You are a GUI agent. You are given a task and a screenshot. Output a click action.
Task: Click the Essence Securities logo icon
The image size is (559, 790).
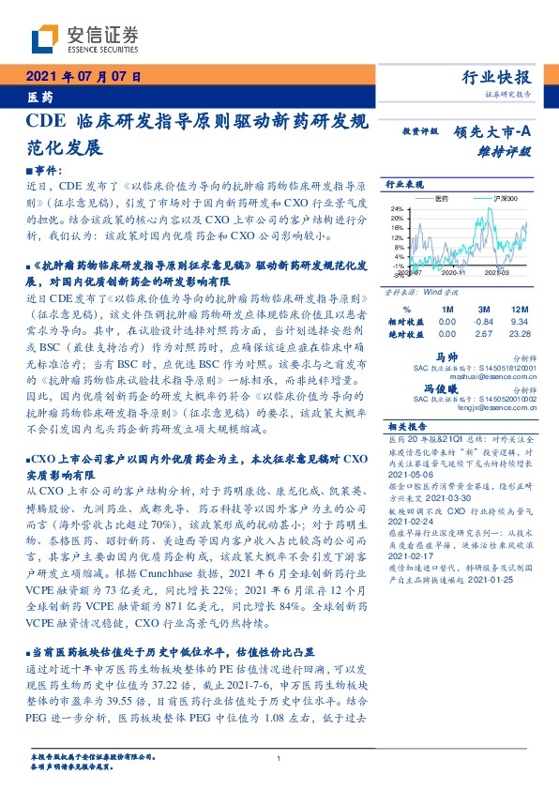pyautogui.click(x=46, y=38)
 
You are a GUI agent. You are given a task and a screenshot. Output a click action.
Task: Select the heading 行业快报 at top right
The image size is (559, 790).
pyautogui.click(x=498, y=78)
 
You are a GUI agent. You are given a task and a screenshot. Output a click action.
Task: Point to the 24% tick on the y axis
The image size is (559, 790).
pyautogui.click(x=397, y=208)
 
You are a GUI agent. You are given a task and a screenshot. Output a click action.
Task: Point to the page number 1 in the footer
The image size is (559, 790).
pyautogui.click(x=279, y=758)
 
